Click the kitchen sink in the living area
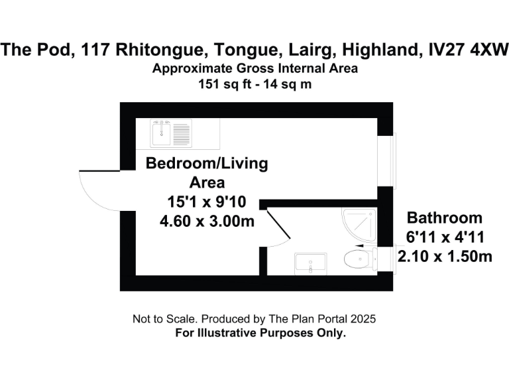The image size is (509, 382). [x=171, y=133]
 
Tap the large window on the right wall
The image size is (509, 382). [x=392, y=162]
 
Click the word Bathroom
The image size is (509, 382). [x=444, y=218]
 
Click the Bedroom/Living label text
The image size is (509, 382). [x=207, y=164]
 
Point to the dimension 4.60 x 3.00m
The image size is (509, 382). [x=207, y=222]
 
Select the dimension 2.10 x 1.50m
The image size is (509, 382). [x=444, y=255]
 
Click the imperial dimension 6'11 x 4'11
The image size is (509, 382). [x=444, y=237]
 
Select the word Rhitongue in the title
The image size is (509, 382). [x=162, y=49]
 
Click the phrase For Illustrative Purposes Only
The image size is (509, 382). [x=260, y=333]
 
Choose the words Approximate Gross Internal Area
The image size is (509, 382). [x=254, y=68]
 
